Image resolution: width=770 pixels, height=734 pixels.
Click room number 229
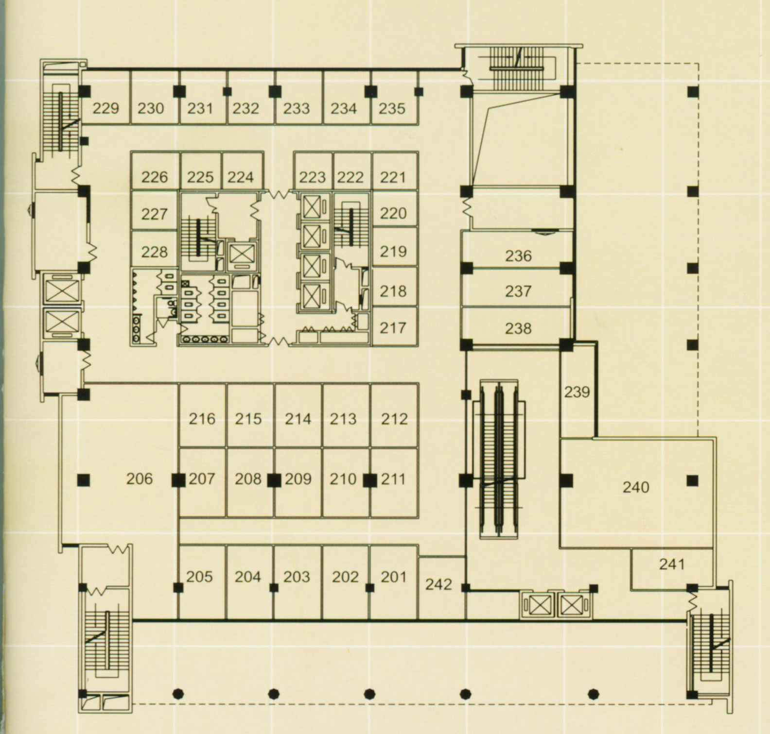pos(105,108)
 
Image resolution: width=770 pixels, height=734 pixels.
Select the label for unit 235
pos(392,108)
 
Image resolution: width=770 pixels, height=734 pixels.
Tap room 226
pos(155,177)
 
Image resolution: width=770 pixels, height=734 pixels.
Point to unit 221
pos(393,177)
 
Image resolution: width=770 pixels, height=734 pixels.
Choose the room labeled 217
pos(393,328)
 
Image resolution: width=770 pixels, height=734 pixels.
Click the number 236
pos(518,256)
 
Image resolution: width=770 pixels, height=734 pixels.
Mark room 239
pos(577,392)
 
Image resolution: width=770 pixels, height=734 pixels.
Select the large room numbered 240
pos(636,487)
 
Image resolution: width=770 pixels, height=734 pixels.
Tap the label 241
pos(672,564)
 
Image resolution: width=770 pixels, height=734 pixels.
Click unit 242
pos(438,584)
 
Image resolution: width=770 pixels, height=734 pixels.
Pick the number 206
pos(140,479)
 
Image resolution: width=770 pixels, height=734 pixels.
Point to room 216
pos(202,419)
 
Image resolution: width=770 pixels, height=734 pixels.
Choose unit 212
pos(394,419)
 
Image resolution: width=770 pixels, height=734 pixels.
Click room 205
pos(199,577)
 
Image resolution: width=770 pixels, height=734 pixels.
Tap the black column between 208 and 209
pos(274,480)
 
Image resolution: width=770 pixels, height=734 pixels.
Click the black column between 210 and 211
pos(370,480)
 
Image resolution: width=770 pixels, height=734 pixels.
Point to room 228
pos(155,252)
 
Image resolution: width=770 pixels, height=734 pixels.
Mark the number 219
pos(393,251)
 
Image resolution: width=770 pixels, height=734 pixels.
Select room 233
pos(297,108)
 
